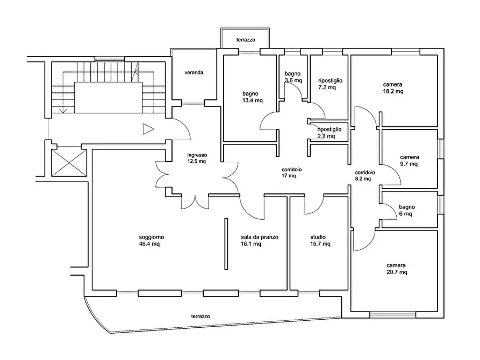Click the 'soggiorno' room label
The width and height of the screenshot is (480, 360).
[151, 237]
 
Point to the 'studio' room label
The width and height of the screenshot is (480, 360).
[318, 237]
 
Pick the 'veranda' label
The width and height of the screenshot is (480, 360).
[194, 72]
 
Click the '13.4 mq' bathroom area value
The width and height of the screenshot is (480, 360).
[252, 100]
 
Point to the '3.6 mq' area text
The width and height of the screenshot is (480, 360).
[293, 81]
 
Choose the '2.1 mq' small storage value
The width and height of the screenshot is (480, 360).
[326, 136]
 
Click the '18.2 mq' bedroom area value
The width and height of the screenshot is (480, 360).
[393, 91]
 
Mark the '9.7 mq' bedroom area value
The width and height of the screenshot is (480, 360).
[409, 164]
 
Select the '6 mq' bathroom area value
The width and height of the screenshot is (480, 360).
[405, 213]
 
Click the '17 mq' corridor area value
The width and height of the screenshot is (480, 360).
[289, 176]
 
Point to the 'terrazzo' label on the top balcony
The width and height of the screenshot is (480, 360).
[245, 40]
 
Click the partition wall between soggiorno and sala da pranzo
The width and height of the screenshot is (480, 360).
[225, 244]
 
